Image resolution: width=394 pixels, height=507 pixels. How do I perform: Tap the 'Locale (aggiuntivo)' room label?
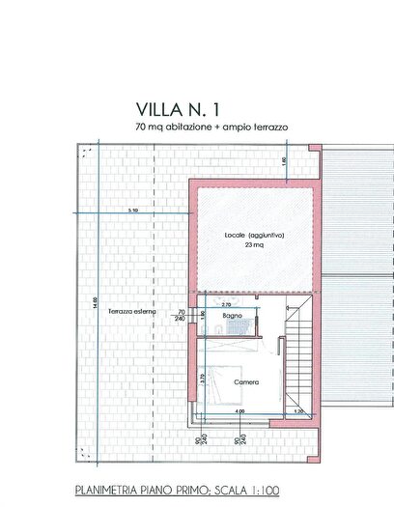pyautogui.click(x=254, y=236)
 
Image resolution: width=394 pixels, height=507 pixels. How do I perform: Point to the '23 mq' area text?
pyautogui.click(x=253, y=246)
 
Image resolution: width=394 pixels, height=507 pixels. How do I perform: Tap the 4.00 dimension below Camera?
pyautogui.click(x=239, y=412)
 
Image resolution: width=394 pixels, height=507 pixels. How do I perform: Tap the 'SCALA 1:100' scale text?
pyautogui.click(x=243, y=490)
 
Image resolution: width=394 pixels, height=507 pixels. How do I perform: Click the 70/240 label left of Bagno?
pyautogui.click(x=181, y=315)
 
